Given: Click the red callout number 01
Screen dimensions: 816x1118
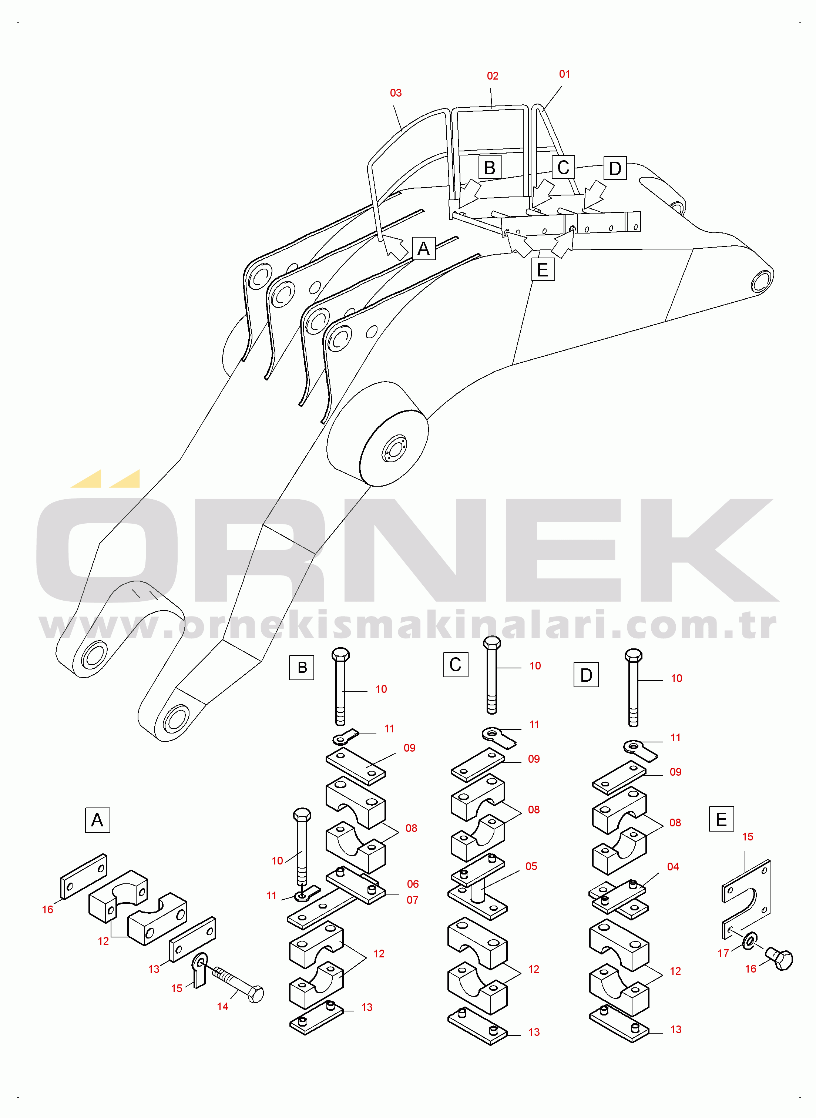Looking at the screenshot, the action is click(565, 74).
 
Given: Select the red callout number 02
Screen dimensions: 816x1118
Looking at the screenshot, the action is click(493, 76).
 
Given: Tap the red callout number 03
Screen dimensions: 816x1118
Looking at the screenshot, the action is click(396, 93).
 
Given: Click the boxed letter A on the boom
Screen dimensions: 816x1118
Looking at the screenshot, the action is click(424, 248).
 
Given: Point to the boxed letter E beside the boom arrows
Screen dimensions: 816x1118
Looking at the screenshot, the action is click(543, 270).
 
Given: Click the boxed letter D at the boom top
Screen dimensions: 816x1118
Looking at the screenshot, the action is click(615, 168).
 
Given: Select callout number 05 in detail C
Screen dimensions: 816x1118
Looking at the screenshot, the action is click(531, 866).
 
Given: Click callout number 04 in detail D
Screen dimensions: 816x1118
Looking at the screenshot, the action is click(673, 867).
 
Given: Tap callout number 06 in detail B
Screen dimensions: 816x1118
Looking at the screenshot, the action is click(413, 884).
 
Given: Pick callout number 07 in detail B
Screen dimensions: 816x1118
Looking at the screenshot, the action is click(413, 900).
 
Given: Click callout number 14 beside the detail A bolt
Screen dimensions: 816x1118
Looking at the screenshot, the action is click(222, 1006).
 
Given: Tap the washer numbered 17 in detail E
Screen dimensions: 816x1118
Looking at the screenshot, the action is click(750, 941).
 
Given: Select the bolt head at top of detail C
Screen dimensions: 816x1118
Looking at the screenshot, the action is click(492, 642).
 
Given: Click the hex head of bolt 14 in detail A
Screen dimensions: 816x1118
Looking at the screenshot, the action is click(255, 994).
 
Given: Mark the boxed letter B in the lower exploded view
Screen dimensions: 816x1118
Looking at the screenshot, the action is click(302, 667).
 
